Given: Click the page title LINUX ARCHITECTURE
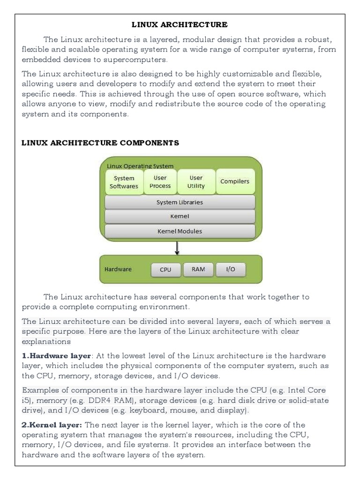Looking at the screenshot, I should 180,24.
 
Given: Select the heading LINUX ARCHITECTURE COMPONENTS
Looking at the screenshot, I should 100,142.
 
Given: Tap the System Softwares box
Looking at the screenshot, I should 124,182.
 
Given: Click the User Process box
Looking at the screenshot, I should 160,182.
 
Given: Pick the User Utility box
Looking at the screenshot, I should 196,182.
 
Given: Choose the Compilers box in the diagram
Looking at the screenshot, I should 235,181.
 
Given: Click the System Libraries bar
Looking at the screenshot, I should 180,202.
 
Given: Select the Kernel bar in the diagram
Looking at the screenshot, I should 180,217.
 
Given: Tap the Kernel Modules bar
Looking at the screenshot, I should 180,231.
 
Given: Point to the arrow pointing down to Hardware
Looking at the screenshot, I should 177,248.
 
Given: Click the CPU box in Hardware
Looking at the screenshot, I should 165,270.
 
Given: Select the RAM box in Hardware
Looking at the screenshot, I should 198,270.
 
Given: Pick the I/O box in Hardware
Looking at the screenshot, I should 231,270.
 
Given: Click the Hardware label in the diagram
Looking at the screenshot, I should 118,270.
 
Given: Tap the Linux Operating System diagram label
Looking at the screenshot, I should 140,166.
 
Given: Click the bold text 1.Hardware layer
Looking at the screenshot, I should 56,356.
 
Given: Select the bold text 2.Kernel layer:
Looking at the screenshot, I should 52,425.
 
